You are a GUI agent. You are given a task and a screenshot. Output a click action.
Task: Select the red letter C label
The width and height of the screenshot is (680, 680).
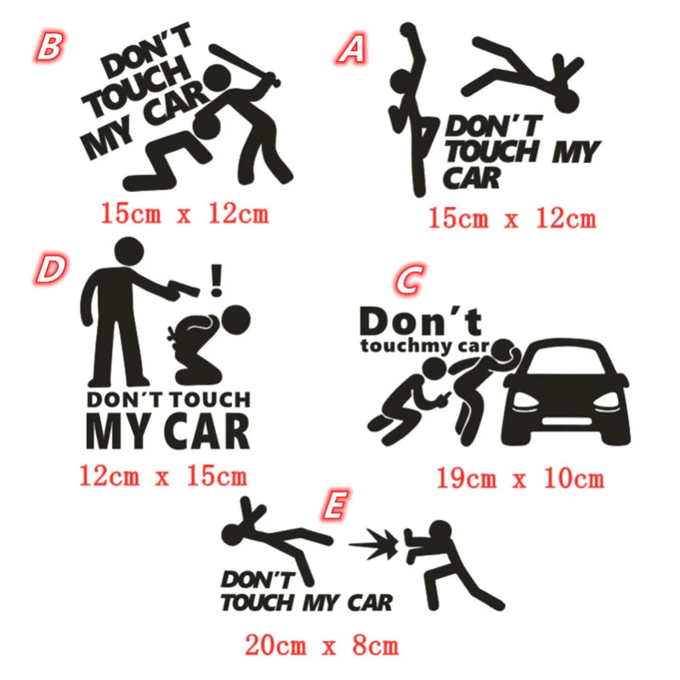click(408, 281)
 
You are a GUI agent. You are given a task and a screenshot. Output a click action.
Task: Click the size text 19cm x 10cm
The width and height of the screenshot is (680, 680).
click(520, 479)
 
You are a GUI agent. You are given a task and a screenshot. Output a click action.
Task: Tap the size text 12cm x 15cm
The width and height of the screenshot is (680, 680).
click(163, 475)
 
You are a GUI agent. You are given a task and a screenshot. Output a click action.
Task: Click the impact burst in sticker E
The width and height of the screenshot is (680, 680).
click(380, 540)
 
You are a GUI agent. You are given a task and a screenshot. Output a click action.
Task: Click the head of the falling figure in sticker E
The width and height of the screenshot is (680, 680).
click(233, 535)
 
